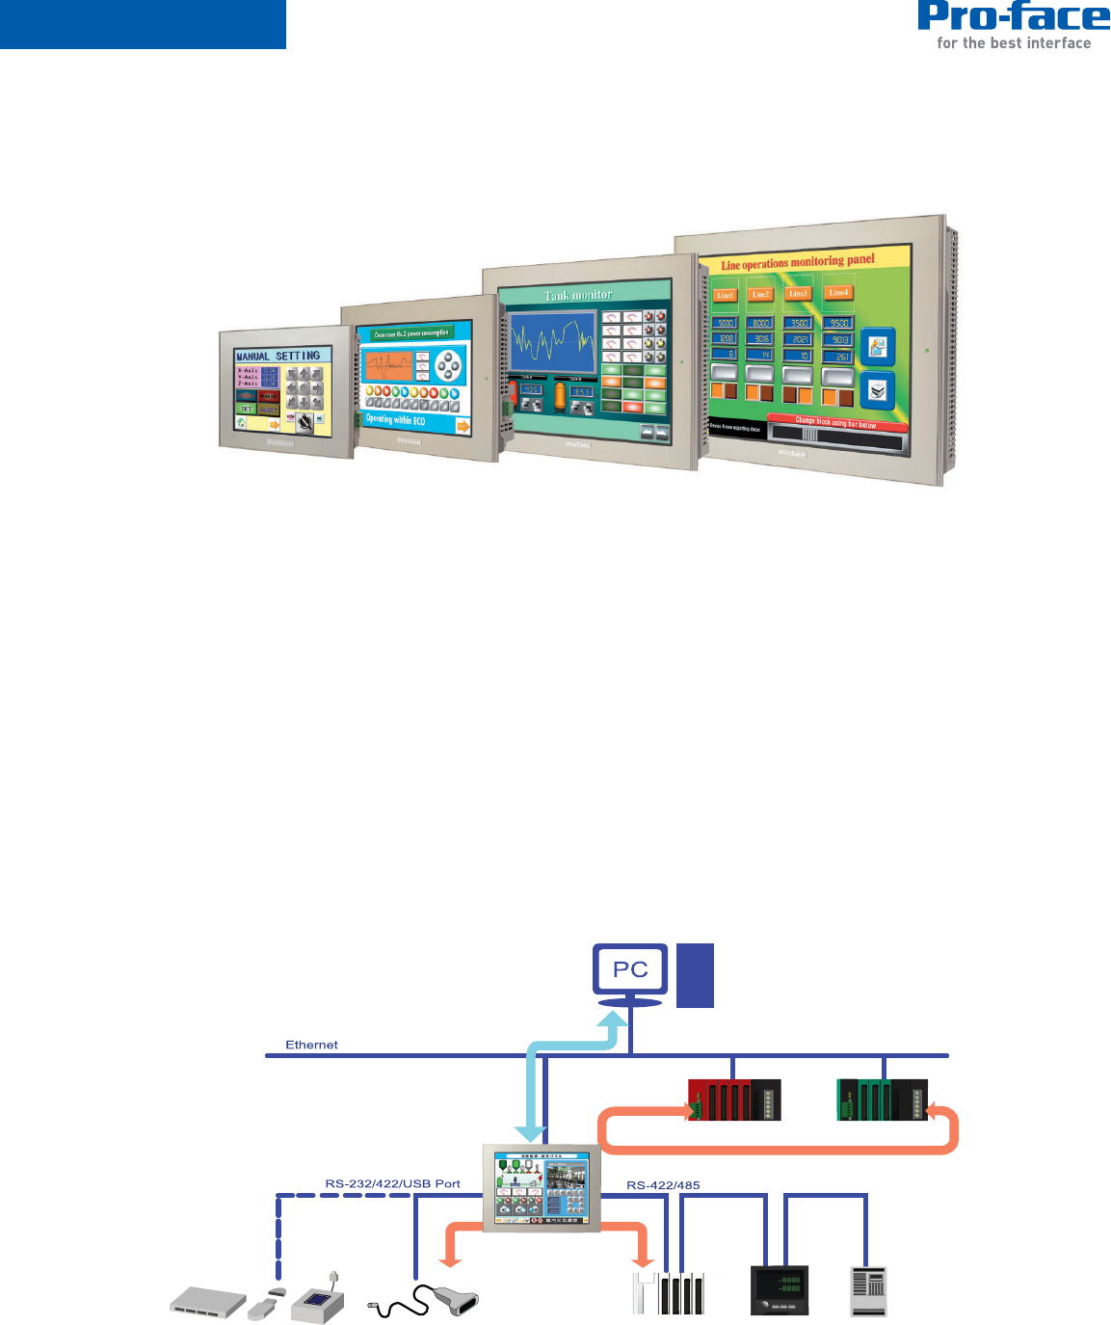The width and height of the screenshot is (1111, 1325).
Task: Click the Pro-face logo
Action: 1014,17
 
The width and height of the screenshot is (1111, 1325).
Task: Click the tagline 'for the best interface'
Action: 1014,43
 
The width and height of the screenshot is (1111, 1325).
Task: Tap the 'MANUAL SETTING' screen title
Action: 278,356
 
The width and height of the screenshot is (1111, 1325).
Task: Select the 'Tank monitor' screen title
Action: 578,295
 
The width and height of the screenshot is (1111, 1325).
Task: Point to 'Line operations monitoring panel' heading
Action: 798,262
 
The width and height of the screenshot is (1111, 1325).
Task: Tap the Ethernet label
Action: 311,1045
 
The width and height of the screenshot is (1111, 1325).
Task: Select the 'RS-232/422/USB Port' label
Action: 392,1183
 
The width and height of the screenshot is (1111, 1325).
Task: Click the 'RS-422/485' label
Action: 663,1184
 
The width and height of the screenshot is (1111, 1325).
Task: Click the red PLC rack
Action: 734,1100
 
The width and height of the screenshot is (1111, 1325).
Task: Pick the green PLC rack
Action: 883,1100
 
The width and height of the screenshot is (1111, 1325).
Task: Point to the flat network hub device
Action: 206,1301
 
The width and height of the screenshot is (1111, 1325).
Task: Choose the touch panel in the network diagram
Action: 541,1188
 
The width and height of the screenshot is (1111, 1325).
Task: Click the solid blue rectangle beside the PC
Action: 695,975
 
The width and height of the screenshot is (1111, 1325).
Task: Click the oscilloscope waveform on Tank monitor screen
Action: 553,342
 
